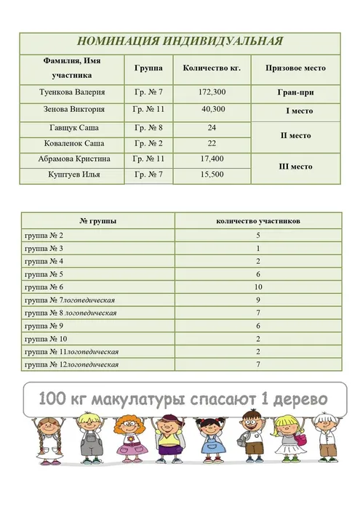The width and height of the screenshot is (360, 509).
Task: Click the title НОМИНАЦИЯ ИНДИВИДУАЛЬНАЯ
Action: point(180,41)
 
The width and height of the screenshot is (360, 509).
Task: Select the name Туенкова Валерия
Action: point(73,93)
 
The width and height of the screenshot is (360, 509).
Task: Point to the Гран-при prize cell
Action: point(296,94)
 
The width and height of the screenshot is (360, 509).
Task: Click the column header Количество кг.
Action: point(212,68)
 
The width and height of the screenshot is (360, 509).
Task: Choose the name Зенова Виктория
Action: point(73,110)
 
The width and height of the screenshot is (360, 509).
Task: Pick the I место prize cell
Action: point(298,111)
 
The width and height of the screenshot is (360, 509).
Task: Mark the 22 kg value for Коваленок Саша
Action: point(212,143)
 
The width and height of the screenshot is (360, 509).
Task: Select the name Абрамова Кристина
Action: point(73,159)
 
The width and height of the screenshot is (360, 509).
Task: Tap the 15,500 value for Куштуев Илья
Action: point(212,175)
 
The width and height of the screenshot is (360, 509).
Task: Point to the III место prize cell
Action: point(296,167)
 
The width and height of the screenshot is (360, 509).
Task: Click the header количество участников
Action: point(257,220)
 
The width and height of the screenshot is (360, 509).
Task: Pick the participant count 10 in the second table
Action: point(258,287)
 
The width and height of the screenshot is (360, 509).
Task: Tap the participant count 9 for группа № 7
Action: point(258,300)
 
